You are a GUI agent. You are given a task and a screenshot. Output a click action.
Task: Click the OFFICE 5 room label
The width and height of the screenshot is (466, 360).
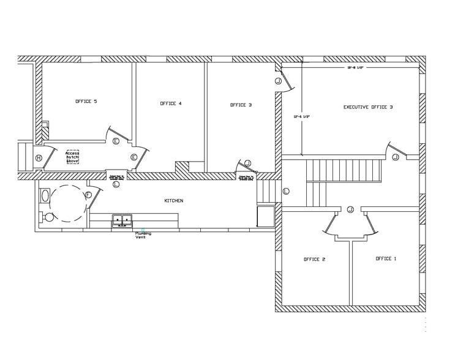point(86,101)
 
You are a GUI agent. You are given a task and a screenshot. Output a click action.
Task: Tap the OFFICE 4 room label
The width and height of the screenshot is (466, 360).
point(170,103)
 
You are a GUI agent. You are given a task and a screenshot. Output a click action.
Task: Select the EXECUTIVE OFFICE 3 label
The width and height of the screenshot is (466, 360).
point(367,107)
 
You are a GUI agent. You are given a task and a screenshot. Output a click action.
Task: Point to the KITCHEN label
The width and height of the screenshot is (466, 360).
point(173,201)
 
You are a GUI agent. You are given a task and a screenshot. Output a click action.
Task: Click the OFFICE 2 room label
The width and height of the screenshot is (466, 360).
point(314,260)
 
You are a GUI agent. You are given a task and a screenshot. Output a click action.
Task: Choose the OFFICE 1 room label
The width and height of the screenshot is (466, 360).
point(386,259)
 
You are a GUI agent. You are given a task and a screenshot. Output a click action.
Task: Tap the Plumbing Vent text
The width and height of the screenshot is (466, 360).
point(143,235)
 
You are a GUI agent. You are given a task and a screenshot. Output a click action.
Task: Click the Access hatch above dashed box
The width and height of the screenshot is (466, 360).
point(73,156)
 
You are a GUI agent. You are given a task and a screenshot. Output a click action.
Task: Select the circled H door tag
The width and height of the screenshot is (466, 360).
point(39,158)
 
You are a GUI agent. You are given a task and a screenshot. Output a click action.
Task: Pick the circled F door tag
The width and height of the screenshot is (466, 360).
point(88,195)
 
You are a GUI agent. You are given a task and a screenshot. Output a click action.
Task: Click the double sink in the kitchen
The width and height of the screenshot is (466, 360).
point(122,219)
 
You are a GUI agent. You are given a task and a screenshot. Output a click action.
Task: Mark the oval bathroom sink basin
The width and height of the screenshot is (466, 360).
point(44,196)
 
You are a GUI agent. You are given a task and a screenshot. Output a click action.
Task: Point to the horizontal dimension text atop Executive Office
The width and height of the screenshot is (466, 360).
point(356,68)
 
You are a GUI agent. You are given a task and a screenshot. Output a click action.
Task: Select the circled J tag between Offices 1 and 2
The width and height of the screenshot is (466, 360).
point(350,209)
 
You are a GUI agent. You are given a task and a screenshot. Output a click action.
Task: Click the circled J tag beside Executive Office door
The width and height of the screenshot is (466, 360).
point(395,157)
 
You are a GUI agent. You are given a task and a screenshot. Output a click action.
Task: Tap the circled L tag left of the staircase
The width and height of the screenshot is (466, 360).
point(286,192)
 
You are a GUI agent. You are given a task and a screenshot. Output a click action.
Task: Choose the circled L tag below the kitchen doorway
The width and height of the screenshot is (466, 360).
point(116,184)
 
